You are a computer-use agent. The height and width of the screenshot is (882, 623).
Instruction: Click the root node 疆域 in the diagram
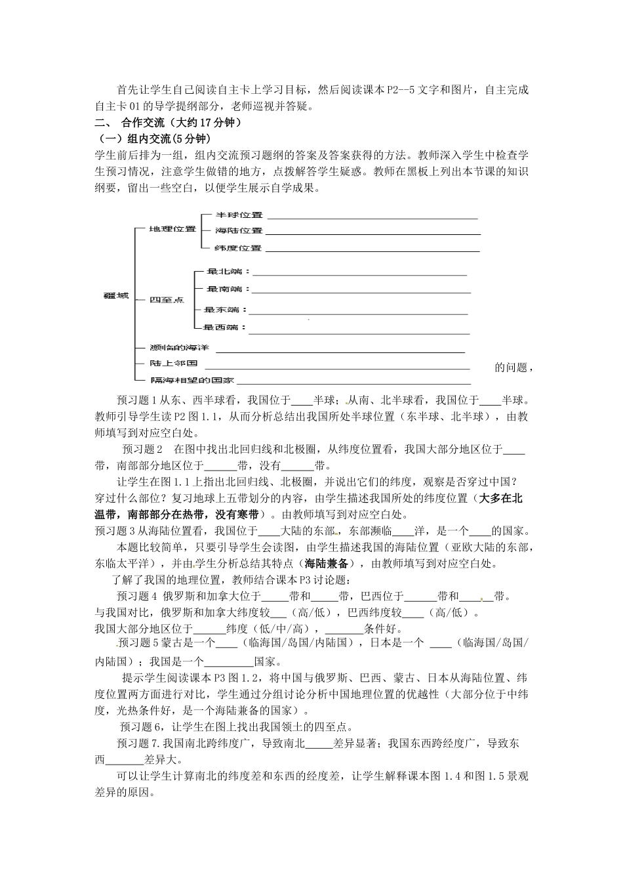pyautogui.click(x=116, y=296)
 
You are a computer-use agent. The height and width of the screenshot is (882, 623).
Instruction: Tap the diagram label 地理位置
pyautogui.click(x=172, y=229)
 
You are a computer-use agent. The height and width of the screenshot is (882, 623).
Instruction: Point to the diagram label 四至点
pyautogui.click(x=167, y=300)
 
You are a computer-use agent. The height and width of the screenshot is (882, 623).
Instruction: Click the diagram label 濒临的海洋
pyautogui.click(x=179, y=347)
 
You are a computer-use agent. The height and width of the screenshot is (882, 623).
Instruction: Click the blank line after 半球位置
pyautogui.click(x=372, y=217)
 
